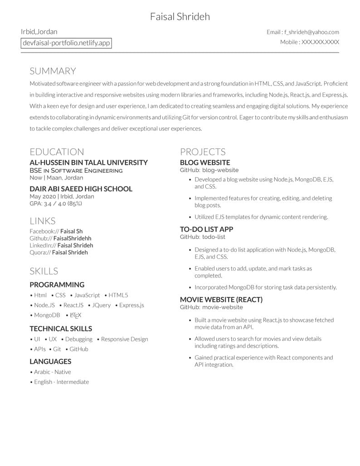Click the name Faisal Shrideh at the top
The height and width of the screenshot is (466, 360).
coord(180,17)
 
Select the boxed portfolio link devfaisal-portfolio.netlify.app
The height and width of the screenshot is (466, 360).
coord(66,43)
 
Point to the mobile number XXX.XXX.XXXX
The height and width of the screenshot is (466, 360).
coord(320,42)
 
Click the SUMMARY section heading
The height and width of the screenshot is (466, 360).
coord(53,71)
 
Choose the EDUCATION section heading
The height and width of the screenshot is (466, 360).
coord(57,152)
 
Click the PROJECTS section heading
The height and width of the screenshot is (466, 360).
coord(203,152)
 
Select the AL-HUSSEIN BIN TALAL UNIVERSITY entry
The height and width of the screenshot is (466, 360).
coord(88,162)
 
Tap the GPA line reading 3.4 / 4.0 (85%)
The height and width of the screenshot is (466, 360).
coord(56,204)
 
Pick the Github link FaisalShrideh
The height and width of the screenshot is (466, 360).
coord(72,238)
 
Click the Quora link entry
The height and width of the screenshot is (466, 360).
coord(58,252)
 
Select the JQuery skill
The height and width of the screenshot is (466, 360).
coord(101,305)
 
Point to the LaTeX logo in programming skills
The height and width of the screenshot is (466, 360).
coord(76,315)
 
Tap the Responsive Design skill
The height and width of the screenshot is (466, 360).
coord(124,339)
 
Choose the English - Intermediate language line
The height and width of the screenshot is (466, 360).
coord(61,382)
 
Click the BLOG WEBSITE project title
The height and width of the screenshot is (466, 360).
coord(205,162)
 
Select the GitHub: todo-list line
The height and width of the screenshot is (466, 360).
coord(203,237)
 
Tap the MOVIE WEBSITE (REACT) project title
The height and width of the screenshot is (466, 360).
coord(221,300)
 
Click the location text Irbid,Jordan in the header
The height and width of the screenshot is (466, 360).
coord(39,32)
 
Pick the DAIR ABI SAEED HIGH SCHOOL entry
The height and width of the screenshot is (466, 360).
coord(81,189)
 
